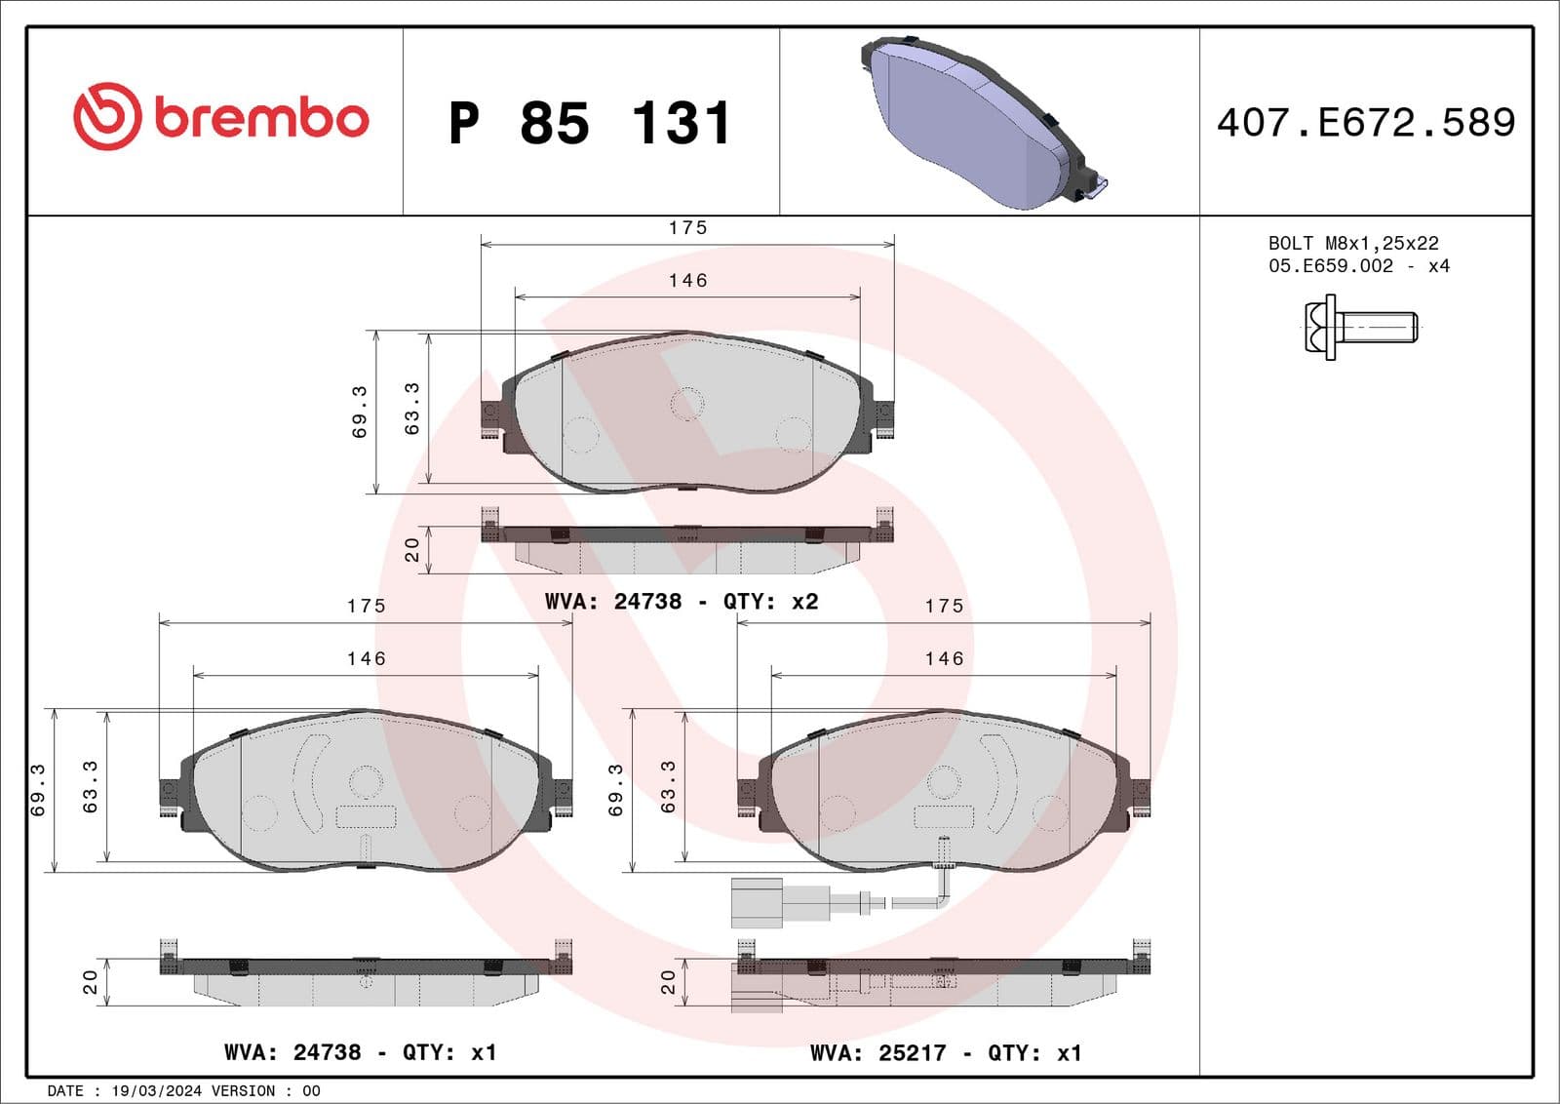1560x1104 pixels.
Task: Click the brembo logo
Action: pos(221,117)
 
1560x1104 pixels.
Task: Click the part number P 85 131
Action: pos(590,124)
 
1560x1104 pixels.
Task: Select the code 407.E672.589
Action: pos(1365,123)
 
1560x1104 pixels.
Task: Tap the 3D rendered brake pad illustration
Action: pos(980,122)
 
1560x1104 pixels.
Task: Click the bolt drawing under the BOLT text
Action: pos(1361,329)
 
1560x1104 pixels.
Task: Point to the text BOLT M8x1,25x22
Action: pos(1352,243)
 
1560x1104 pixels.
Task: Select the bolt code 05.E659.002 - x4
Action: pos(1358,266)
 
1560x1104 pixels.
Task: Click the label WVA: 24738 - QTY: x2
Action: pos(681,602)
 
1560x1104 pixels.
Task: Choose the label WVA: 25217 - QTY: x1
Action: pos(945,1053)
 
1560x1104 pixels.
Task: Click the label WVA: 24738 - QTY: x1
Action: pos(360,1053)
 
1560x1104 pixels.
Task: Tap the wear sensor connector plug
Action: pos(757,903)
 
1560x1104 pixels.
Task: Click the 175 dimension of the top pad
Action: pos(687,228)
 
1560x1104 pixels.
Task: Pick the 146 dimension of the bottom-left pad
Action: pos(366,659)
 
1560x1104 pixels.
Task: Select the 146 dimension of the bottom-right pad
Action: pos(944,659)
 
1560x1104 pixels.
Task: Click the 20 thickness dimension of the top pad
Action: pos(412,550)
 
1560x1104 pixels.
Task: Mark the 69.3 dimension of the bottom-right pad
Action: pos(616,790)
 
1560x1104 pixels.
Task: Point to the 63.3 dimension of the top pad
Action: pos(412,409)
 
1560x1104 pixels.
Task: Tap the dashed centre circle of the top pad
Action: pos(687,404)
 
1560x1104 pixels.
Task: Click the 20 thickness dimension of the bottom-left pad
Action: pos(91,981)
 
